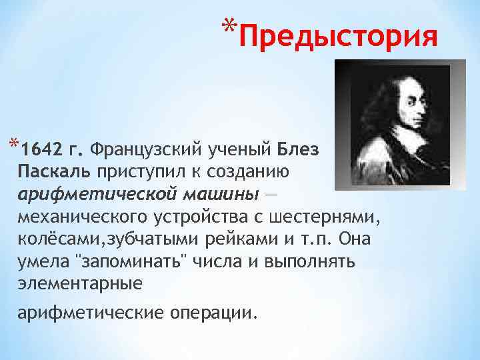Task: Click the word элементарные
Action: pyautogui.click(x=80, y=284)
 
